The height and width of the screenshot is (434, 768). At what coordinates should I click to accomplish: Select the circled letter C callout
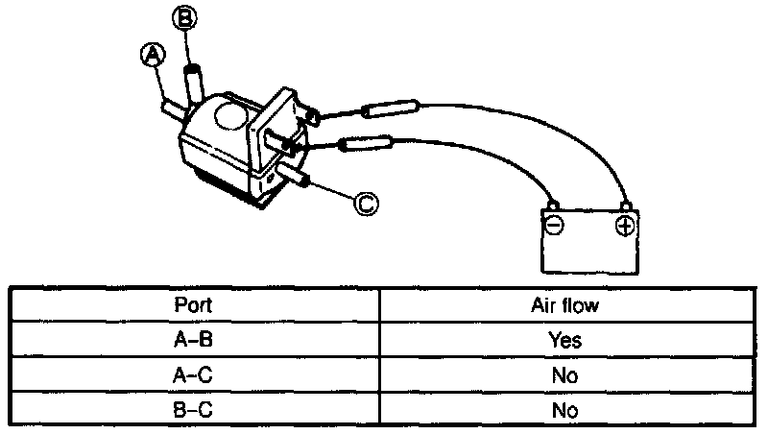[365, 202]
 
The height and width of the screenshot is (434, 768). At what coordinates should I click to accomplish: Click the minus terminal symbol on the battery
[554, 227]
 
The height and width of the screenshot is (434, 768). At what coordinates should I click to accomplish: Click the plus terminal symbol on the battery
[624, 227]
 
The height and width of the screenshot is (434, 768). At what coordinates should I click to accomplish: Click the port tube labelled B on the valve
[195, 81]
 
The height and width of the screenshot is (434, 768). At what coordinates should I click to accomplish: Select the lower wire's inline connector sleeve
[368, 145]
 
